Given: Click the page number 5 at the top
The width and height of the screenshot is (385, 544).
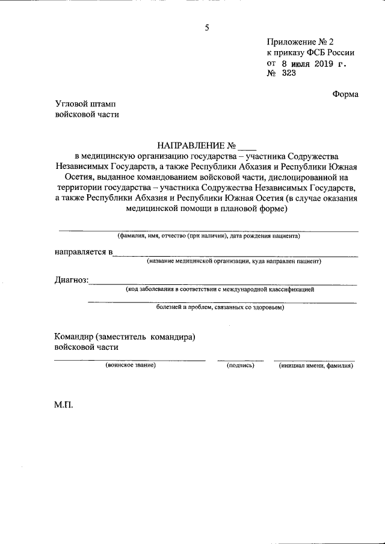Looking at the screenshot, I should coord(207,28).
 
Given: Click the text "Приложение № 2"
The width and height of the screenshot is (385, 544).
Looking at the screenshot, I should coord(300,42).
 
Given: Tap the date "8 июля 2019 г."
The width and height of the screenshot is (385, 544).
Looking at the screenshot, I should coord(314,63).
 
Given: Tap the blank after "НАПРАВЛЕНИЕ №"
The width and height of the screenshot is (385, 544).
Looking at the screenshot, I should coord(247,145).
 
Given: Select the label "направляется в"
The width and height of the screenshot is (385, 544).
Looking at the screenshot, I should coord(84,252).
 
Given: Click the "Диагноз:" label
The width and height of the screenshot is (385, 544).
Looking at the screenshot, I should coord(72,280).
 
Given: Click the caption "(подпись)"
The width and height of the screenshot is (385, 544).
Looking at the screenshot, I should coord(240,365).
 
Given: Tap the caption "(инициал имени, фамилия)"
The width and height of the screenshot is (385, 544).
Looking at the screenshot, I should coord(316,365).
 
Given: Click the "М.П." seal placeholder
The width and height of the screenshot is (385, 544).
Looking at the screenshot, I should coord(63,405).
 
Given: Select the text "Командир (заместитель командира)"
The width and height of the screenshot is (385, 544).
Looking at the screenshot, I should coord(125,337).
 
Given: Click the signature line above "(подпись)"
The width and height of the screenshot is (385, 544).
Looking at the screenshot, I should coord(240,359).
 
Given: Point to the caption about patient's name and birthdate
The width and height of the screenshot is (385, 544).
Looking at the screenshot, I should coord(208,236).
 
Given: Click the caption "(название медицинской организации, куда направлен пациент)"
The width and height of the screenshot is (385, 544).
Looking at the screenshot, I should coord(235,261).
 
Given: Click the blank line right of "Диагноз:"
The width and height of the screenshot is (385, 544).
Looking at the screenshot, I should coord(223,283).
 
